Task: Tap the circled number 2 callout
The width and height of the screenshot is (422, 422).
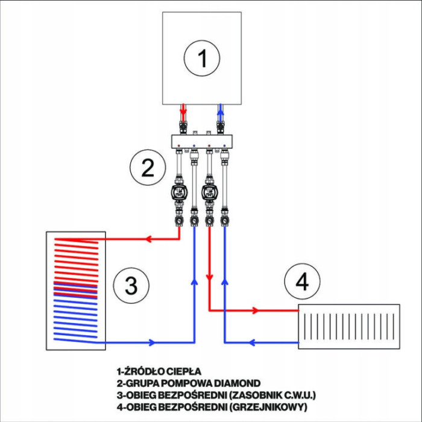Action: click(148, 168)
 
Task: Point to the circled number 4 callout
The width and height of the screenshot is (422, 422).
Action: click(303, 281)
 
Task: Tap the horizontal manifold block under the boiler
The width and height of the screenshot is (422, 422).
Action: click(202, 142)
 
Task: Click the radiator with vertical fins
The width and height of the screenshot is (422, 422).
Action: click(349, 327)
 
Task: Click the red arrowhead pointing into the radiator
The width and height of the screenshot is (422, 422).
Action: click(256, 310)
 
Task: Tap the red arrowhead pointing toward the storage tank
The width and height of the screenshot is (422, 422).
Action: click(147, 239)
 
